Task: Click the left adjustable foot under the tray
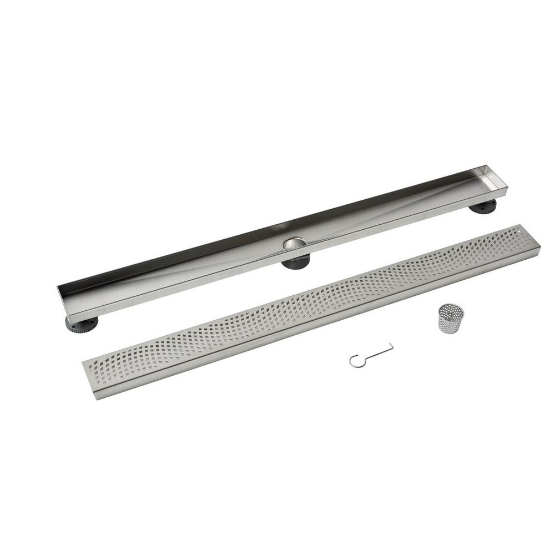tap(81, 323)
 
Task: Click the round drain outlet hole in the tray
tap(294, 244)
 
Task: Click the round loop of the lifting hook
tap(355, 361)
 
